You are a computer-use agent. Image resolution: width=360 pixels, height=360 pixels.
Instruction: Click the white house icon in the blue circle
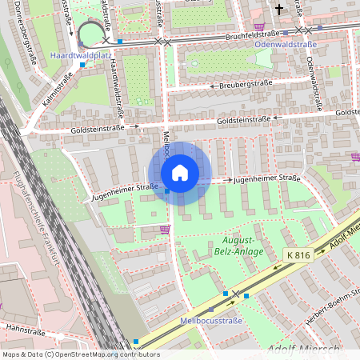[180, 173]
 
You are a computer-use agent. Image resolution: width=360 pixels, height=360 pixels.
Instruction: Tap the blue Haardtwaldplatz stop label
[79, 56]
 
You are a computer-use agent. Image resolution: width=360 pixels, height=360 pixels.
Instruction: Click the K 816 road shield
[298, 254]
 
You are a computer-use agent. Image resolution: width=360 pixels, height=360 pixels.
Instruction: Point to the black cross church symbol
[279, 10]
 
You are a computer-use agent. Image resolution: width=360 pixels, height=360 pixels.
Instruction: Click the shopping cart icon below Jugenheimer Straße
[165, 230]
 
